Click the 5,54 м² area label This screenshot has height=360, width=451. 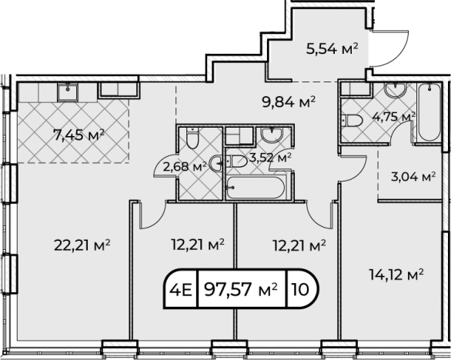click(332, 49)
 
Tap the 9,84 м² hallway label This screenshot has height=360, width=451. click(289, 102)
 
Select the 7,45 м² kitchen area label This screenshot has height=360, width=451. click(79, 135)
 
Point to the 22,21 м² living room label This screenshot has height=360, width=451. click(82, 245)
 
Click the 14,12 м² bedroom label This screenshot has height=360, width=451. click(396, 275)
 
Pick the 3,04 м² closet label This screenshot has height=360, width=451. click(413, 177)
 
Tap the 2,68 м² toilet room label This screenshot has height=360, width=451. click(185, 166)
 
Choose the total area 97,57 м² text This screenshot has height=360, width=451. click(241, 289)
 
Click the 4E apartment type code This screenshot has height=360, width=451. click(180, 289)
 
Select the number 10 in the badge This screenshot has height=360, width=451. click(300, 289)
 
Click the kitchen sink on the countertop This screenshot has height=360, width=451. click(68, 92)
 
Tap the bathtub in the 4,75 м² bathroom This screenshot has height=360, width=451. click(429, 112)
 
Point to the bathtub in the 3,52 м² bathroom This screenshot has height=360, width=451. click(255, 188)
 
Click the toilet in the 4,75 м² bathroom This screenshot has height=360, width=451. click(352, 121)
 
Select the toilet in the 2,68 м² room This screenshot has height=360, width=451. click(192, 138)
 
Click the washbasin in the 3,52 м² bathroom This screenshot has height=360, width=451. click(272, 135)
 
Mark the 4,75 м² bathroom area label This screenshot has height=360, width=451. click(394, 117)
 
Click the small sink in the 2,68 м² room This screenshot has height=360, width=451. click(215, 163)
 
